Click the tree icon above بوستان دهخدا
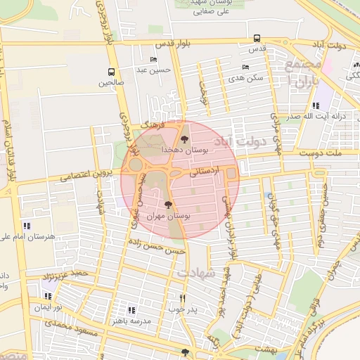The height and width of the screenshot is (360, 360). (x=185, y=139)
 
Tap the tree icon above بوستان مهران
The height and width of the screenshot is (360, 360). (x=167, y=205)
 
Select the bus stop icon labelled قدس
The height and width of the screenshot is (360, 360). (x=257, y=39)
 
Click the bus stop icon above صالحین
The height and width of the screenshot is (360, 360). (x=111, y=72)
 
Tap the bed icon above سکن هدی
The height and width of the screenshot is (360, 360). (x=245, y=67)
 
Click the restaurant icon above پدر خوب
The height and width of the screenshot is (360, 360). (x=183, y=298)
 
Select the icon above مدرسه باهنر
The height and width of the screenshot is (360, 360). (x=131, y=309)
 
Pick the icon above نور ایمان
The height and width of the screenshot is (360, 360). (x=48, y=297)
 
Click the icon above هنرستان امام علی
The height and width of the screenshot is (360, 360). (x=27, y=226)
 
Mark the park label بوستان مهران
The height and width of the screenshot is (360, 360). (x=167, y=217)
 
